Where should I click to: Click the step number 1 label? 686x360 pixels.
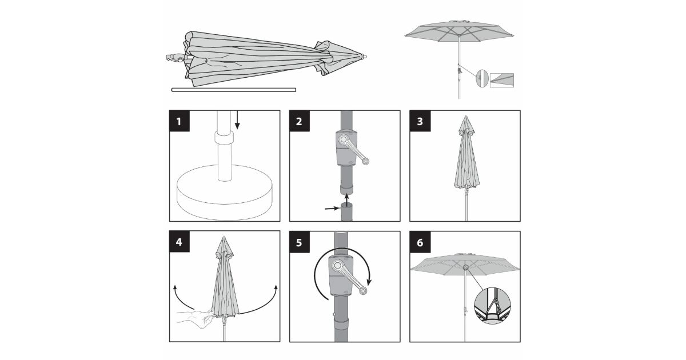[180, 121]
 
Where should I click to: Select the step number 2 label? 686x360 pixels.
[300, 121]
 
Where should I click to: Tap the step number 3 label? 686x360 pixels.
[420, 121]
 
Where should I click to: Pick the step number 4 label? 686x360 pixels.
[180, 242]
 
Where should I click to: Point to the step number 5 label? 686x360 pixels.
[300, 242]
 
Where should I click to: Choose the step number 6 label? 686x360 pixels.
[420, 242]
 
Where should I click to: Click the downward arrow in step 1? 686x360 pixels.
[237, 120]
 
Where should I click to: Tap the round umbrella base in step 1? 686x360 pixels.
[225, 193]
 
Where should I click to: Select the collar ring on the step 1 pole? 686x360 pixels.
[224, 138]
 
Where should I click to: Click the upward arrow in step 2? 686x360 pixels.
[346, 200]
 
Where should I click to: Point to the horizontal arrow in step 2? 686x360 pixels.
[332, 209]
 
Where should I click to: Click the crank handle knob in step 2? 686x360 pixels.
[365, 161]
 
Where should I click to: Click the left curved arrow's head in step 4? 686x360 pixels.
[175, 288]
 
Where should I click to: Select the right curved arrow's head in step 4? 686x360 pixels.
[276, 288]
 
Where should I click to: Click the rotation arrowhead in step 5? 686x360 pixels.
[369, 281]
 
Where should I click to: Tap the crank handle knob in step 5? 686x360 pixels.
[363, 290]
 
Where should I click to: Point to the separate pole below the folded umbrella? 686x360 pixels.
[234, 90]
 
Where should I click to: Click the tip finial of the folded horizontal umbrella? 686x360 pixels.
[364, 57]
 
